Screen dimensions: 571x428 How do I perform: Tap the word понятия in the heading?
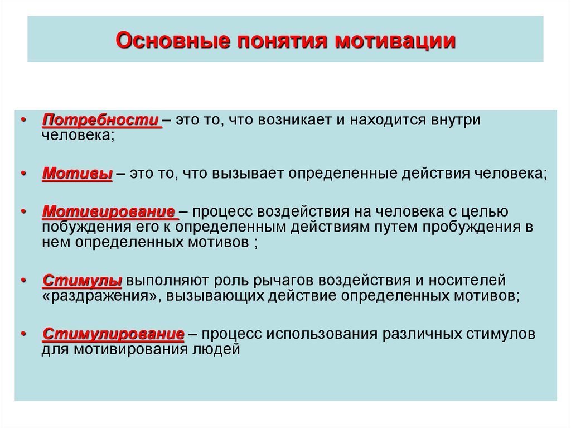[283, 41]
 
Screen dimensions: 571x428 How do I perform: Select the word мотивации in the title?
[395, 41]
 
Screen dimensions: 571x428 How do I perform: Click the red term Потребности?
[101, 120]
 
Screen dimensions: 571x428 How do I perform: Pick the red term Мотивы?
[77, 173]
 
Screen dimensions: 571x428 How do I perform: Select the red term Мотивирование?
[109, 211]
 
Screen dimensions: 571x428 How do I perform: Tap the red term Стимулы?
[83, 280]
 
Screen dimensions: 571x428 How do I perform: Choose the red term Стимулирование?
[113, 334]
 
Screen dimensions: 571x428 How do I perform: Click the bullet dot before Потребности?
[23, 119]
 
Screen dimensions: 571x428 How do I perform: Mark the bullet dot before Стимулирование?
[23, 334]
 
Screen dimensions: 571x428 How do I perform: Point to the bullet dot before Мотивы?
[23, 173]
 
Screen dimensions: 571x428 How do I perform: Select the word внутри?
[455, 120]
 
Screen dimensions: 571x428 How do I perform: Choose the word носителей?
[467, 280]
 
